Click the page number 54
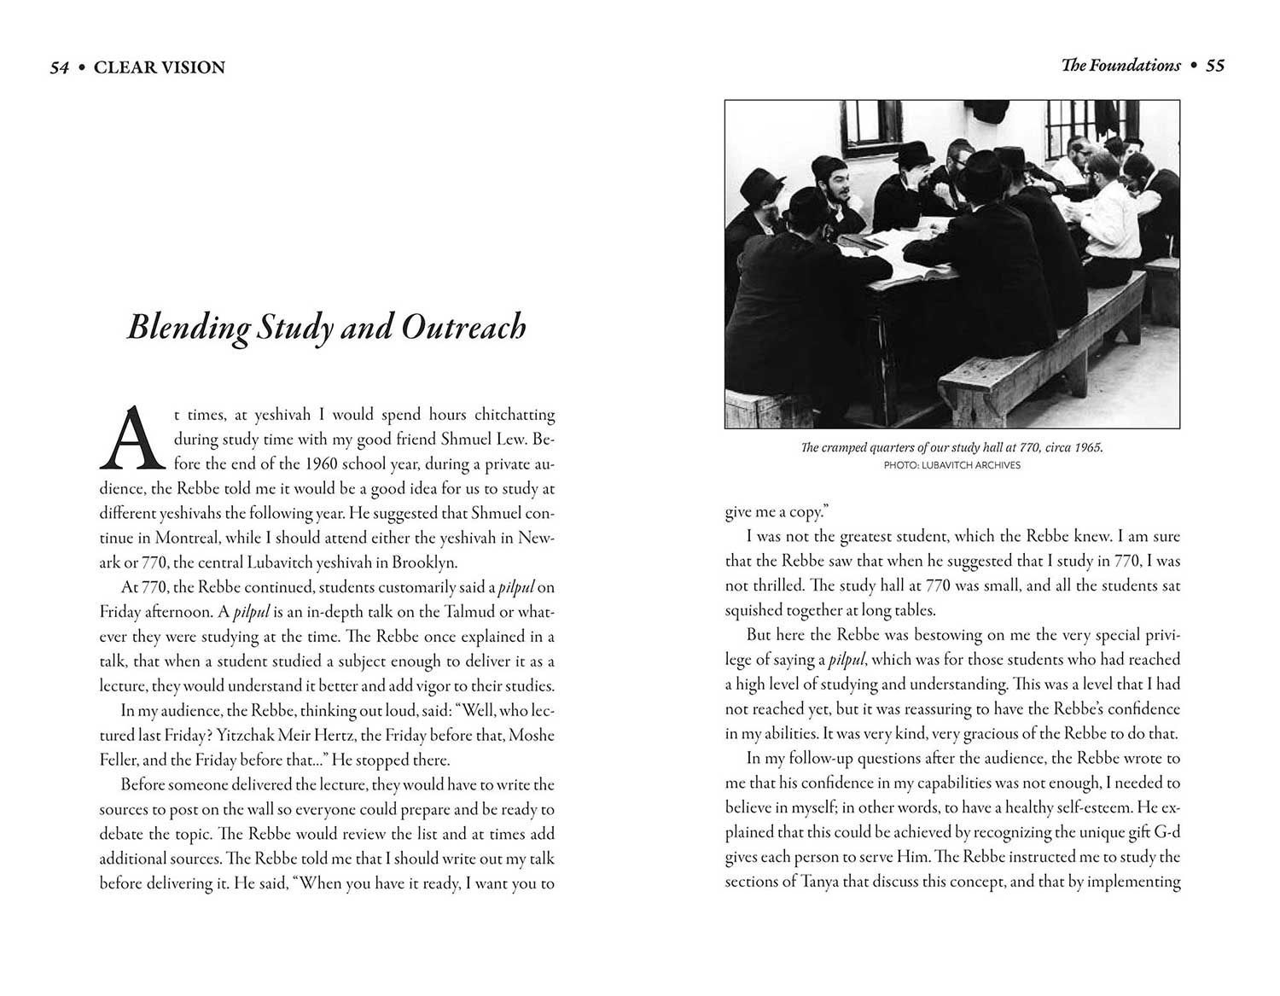[x=59, y=67]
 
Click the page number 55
[x=1215, y=66]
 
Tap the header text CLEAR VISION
[x=160, y=67]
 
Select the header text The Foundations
[x=1120, y=66]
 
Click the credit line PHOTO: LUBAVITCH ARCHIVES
[x=952, y=465]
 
